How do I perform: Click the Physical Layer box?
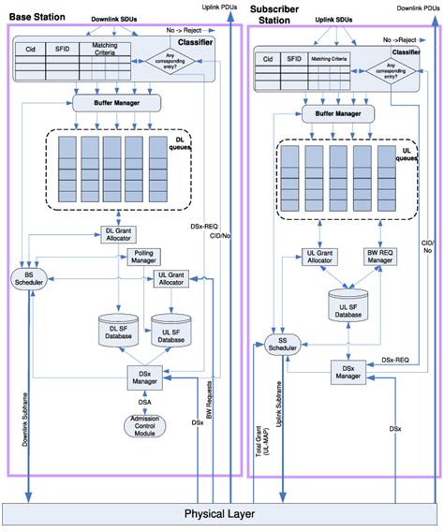221,514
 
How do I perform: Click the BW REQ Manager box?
378,258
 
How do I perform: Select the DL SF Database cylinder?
117,329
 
